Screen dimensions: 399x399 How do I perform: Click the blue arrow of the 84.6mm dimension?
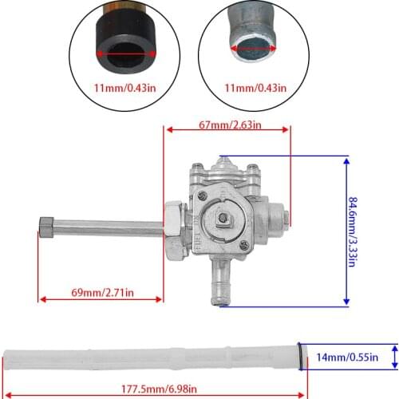[346, 231]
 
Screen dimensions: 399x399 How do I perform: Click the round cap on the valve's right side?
[279, 215]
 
